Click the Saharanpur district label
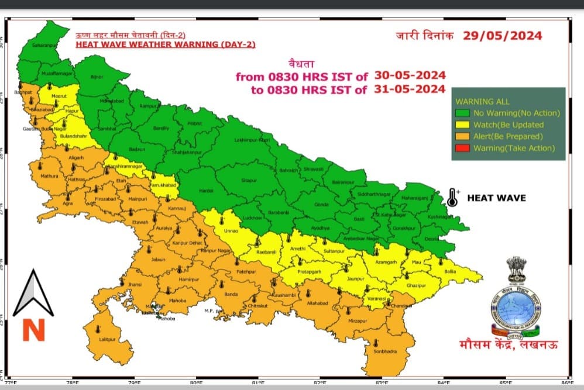[44, 44]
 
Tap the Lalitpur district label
[107, 339]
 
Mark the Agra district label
[69, 205]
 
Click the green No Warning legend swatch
[463, 113]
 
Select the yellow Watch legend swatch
[463, 125]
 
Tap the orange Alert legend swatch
[463, 136]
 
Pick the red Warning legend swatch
[463, 148]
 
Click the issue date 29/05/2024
[502, 36]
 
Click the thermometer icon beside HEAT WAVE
[452, 198]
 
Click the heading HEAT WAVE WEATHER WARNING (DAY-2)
[166, 44]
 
